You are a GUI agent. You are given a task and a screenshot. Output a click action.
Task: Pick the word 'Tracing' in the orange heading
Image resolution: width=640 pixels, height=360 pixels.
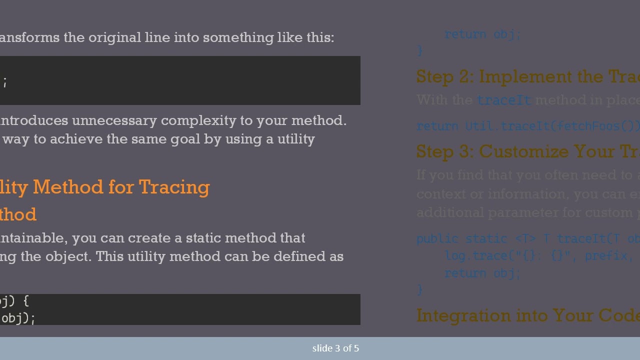coord(174,187)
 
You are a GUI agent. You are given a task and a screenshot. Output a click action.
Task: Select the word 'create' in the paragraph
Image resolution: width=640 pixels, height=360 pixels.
coord(162,237)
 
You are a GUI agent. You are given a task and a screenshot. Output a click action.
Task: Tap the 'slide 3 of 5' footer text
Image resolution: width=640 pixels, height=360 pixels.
coord(335,348)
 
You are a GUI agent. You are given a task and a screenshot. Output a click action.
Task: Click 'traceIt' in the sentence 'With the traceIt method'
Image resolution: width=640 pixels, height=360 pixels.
coord(503,100)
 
